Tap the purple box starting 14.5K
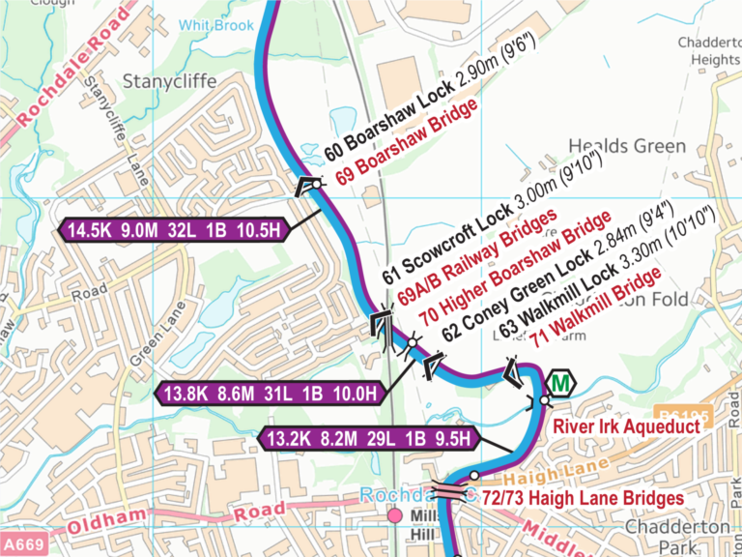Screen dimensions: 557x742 pyautogui.click(x=175, y=230)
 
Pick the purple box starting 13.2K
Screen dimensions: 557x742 pyautogui.click(x=371, y=439)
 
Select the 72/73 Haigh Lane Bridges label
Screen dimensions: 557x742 pyautogui.click(x=583, y=498)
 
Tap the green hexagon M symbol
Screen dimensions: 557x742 pyautogui.click(x=560, y=384)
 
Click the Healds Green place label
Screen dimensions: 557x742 pyautogui.click(x=627, y=147)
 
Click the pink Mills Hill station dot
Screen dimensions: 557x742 pyautogui.click(x=394, y=516)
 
